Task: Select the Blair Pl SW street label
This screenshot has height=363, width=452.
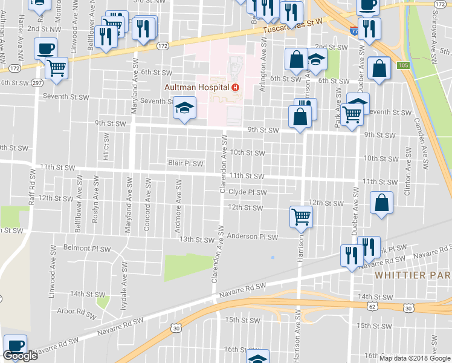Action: pyautogui.click(x=186, y=163)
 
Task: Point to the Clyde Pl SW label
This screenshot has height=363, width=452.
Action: pyautogui.click(x=247, y=192)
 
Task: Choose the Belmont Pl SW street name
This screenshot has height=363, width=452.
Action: pyautogui.click(x=88, y=249)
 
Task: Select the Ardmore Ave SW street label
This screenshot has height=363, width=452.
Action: pyautogui.click(x=178, y=200)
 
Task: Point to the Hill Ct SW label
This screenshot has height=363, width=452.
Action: pyautogui.click(x=106, y=149)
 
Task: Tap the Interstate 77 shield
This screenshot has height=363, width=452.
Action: pyautogui.click(x=353, y=29)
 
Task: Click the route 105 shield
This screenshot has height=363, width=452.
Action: pyautogui.click(x=403, y=65)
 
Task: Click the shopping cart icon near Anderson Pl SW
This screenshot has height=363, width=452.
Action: pyautogui.click(x=301, y=216)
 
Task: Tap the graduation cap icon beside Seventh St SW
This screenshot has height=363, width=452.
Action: pyautogui.click(x=184, y=108)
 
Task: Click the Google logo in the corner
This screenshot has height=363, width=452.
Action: pyautogui.click(x=21, y=356)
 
